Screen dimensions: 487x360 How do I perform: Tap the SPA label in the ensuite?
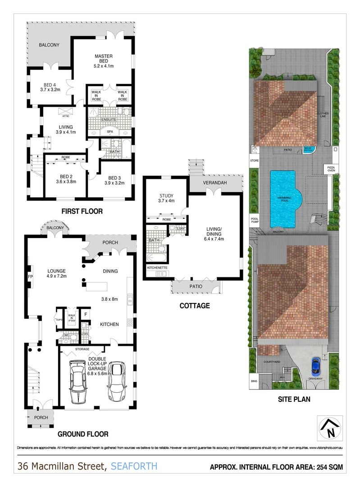pyautogui.click(x=110, y=131)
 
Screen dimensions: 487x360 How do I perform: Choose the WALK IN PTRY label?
pyautogui.click(x=71, y=317)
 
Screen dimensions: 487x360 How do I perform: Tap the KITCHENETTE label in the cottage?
pyautogui.click(x=157, y=267)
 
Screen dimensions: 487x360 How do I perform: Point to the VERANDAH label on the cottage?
pyautogui.click(x=214, y=183)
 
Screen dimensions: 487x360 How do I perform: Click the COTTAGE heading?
pyautogui.click(x=195, y=306)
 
